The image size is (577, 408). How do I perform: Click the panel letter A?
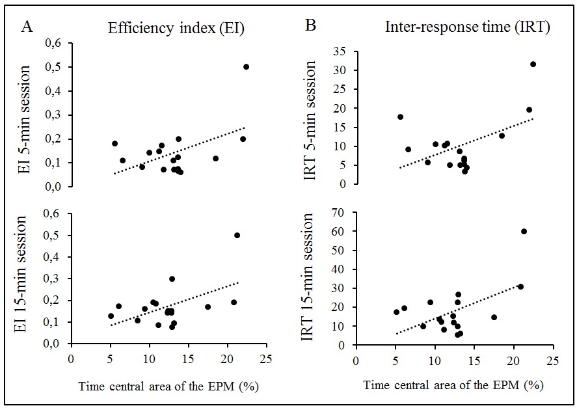(27, 27)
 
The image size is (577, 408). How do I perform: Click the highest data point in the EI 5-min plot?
(246, 66)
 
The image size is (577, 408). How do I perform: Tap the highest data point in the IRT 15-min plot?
(524, 231)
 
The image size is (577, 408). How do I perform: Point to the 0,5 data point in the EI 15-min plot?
(237, 235)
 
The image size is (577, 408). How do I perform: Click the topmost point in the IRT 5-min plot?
(533, 64)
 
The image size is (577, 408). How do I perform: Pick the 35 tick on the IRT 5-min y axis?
(342, 51)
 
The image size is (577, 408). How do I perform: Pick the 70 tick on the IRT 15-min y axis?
(342, 212)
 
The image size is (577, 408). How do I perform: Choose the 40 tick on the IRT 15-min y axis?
(342, 269)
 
